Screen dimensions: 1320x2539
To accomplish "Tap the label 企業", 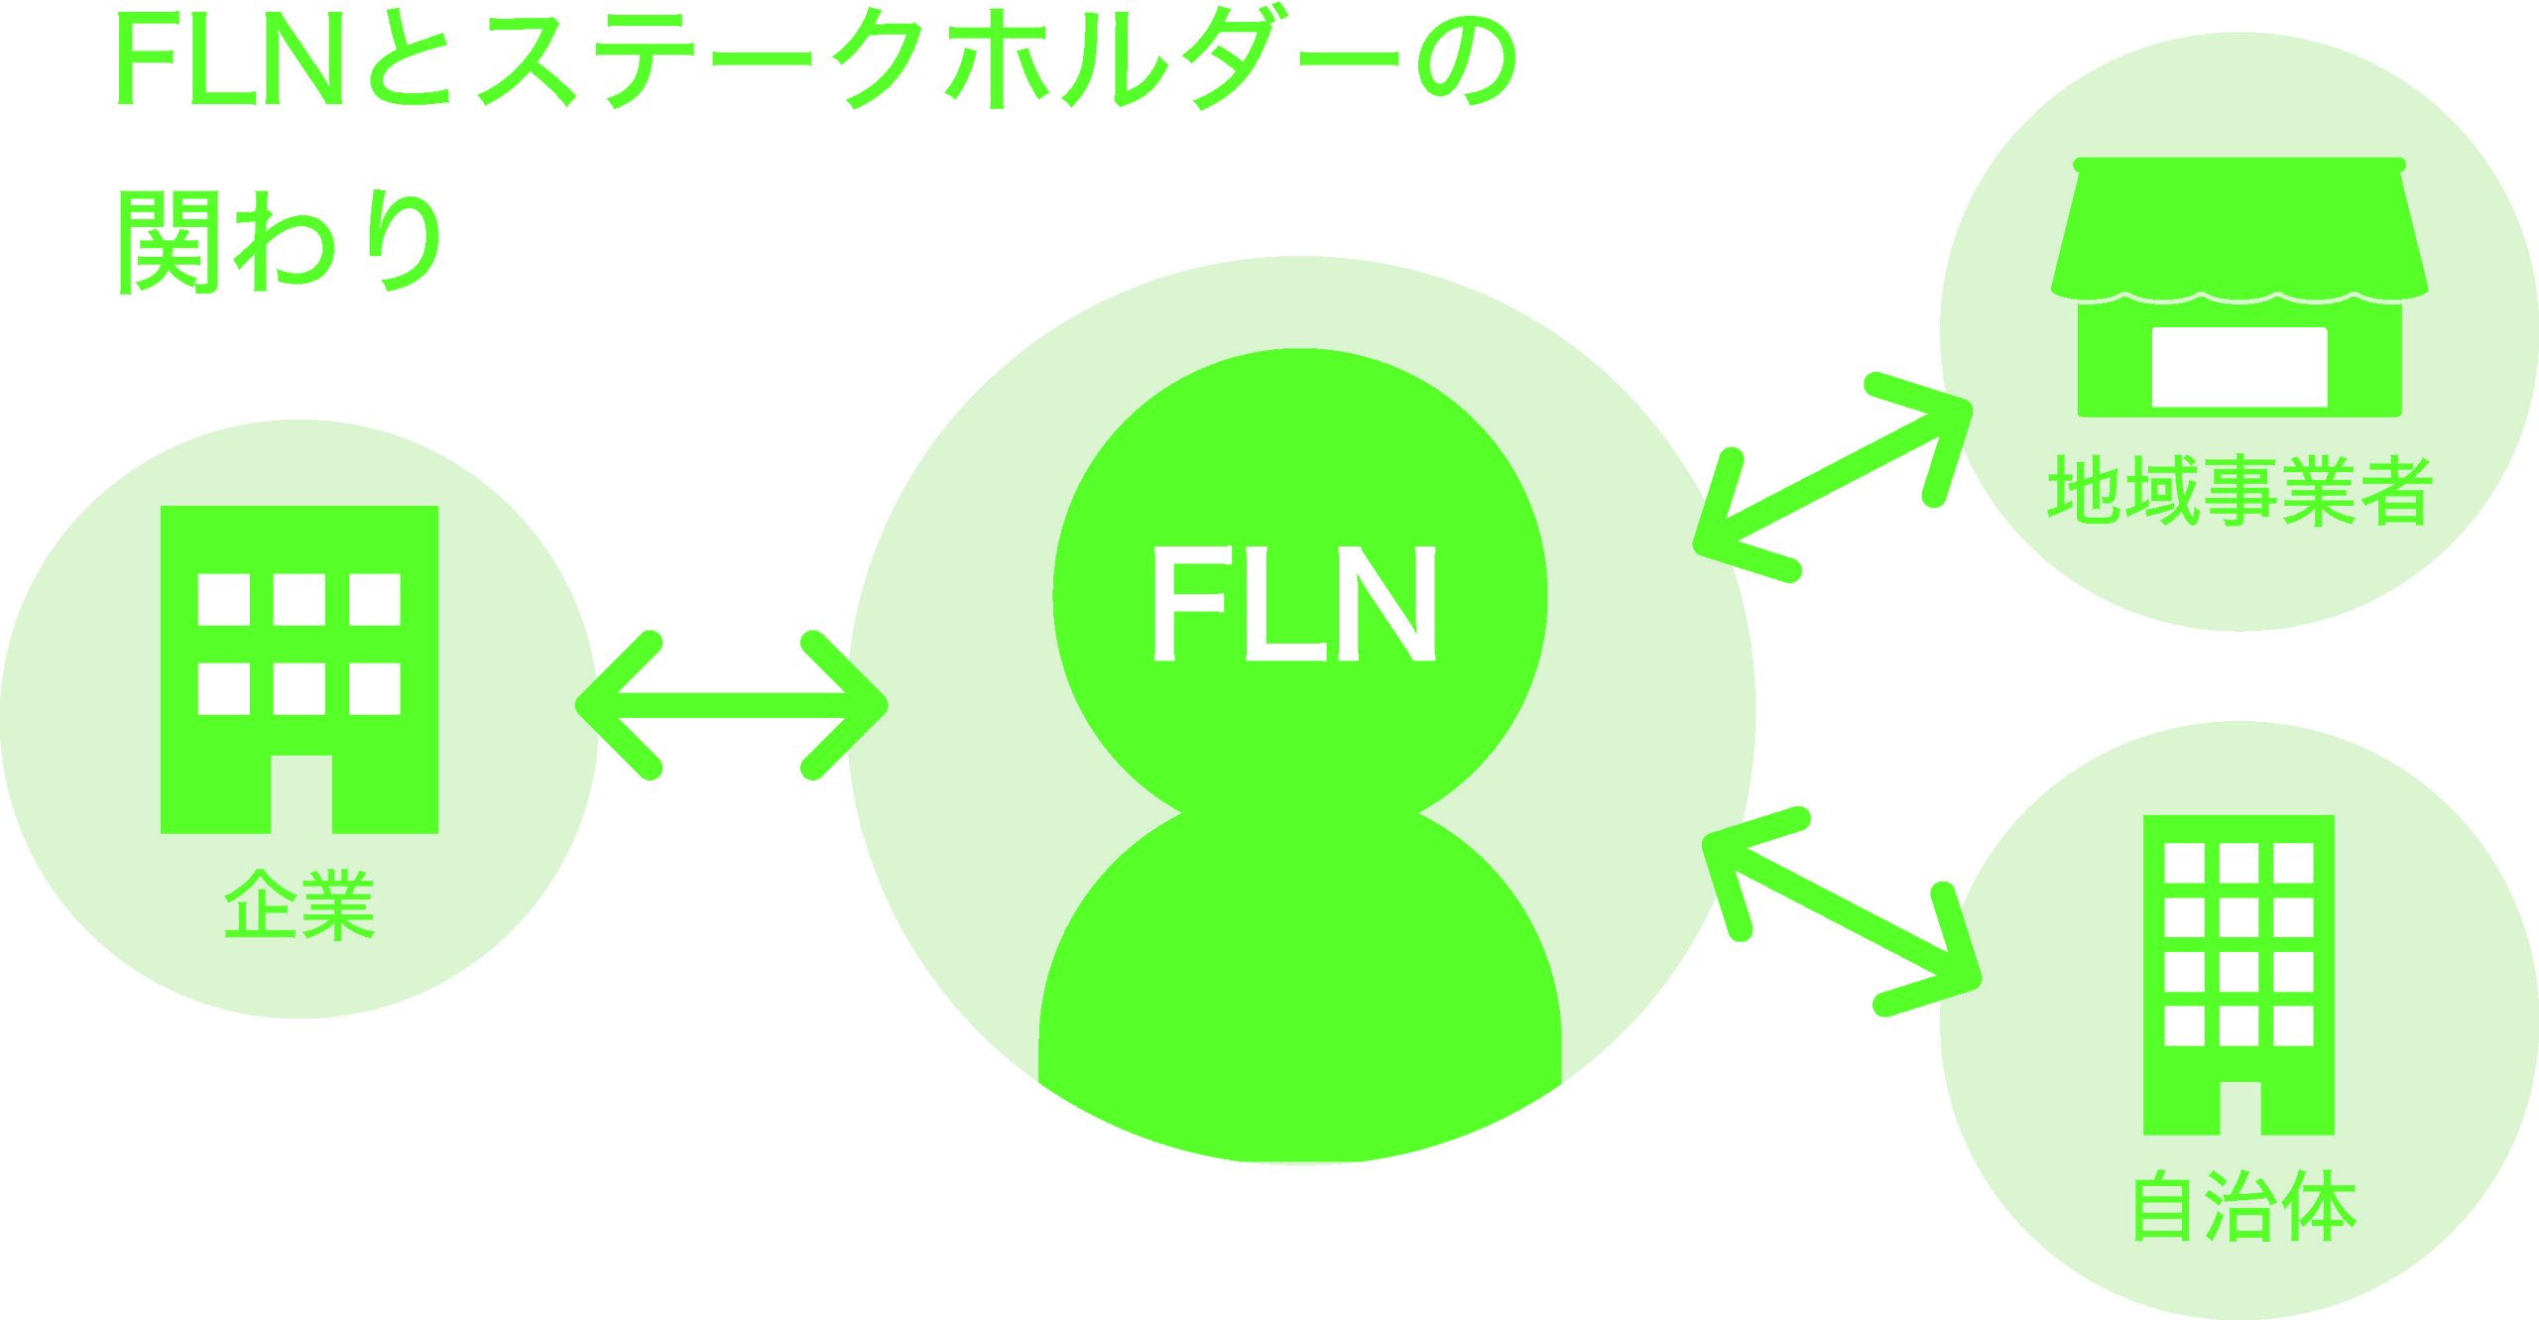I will click(x=299, y=903).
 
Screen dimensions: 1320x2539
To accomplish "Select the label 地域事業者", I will click(x=2239, y=490).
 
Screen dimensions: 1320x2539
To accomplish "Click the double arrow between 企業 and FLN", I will click(x=732, y=705).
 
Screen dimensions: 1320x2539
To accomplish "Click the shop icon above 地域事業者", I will click(x=2239, y=288).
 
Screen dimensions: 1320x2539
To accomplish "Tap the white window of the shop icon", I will click(x=2239, y=367).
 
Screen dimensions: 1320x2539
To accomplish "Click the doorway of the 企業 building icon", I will click(x=301, y=794).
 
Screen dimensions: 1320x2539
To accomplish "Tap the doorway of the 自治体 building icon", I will click(x=2238, y=1107).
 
